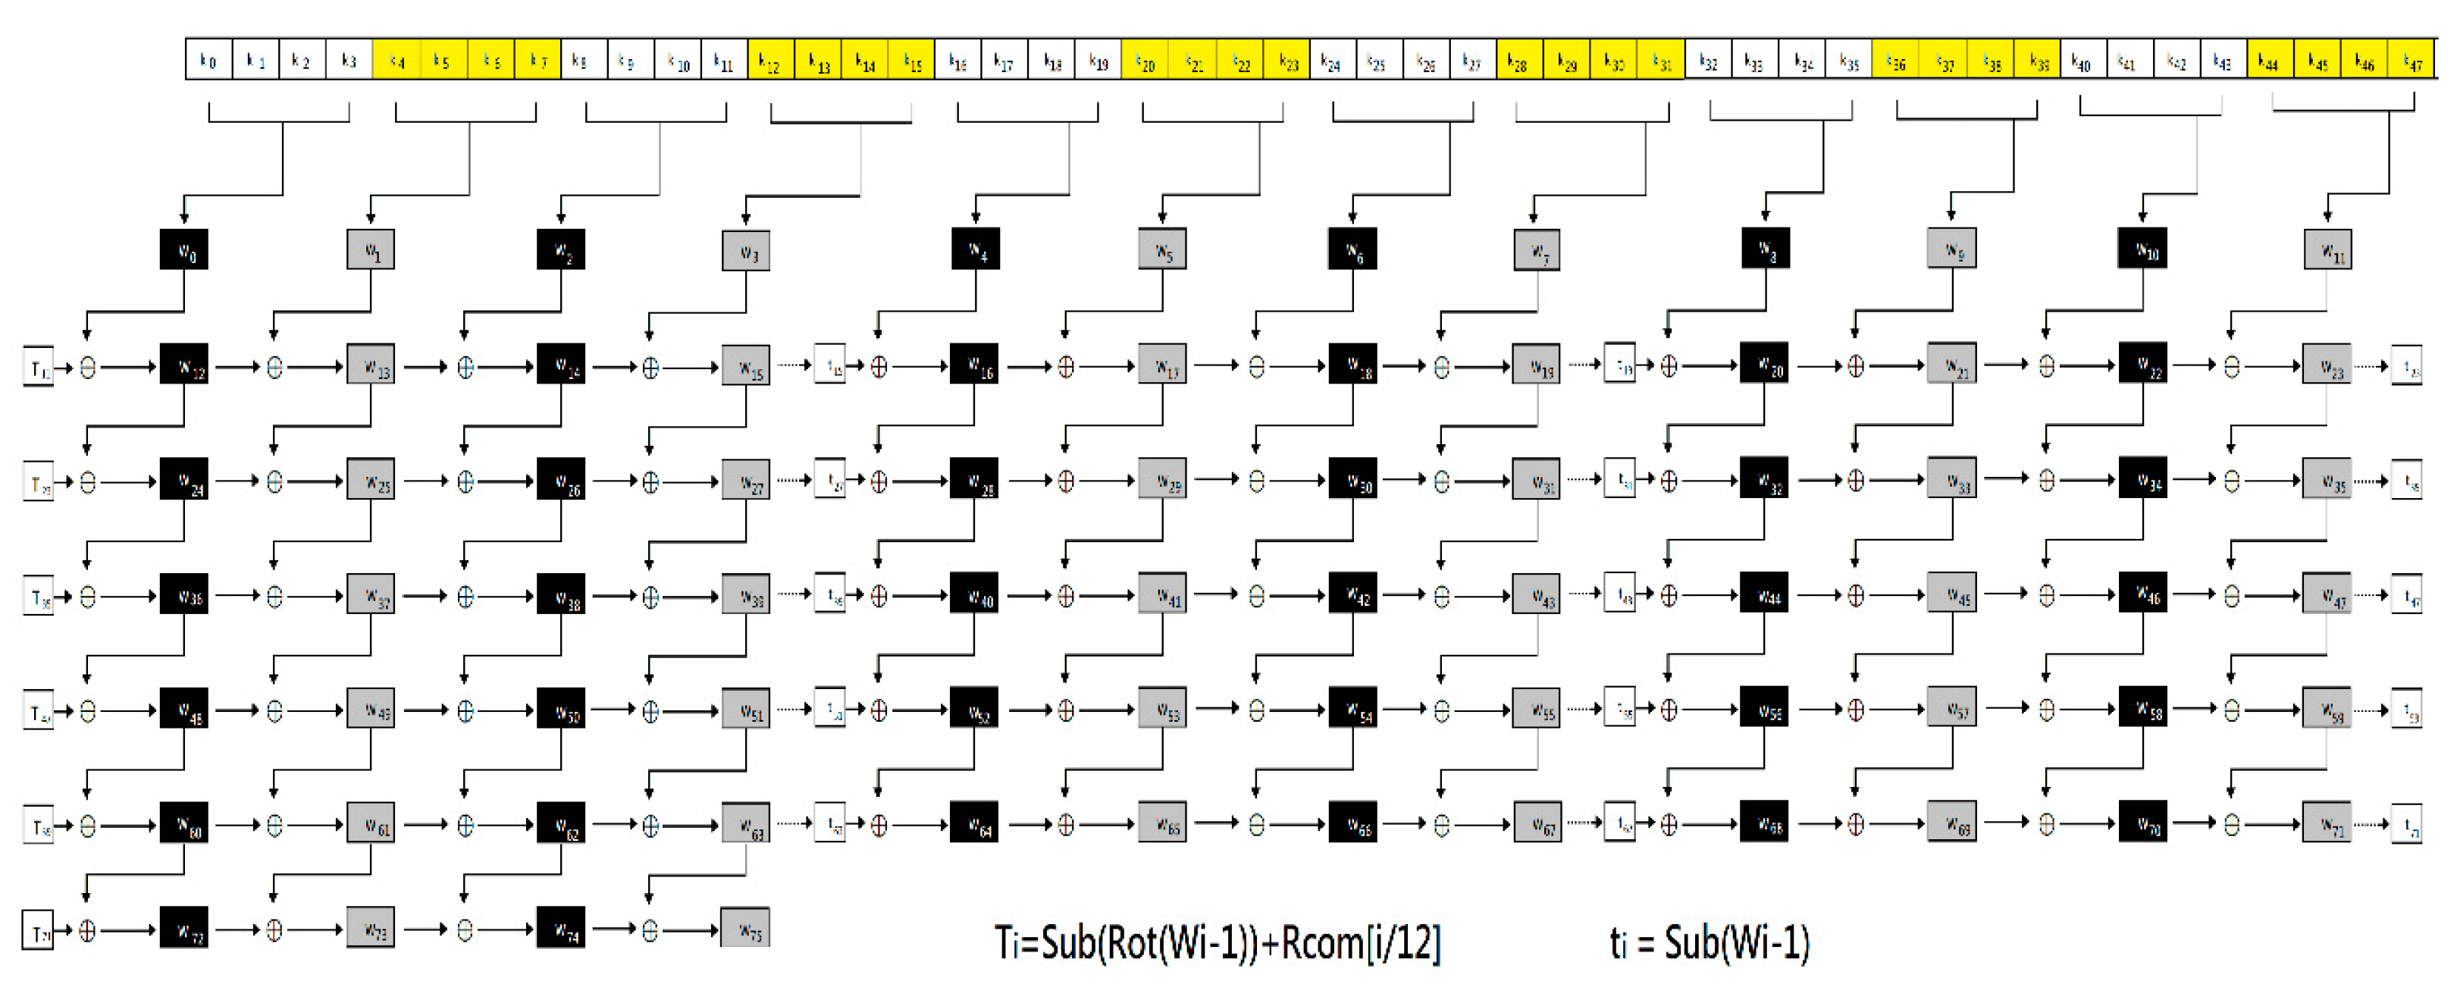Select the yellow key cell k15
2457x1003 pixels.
(912, 60)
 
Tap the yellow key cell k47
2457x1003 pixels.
(2412, 60)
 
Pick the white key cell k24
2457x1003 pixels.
(1331, 60)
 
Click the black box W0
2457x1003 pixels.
(184, 249)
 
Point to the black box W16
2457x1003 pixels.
(975, 365)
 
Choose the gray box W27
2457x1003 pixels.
(746, 481)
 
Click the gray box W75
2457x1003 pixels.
(746, 929)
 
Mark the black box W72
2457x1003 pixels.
(184, 929)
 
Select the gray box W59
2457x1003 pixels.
(2327, 710)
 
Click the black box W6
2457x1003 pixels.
(1352, 249)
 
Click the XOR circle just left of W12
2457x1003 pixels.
(88, 367)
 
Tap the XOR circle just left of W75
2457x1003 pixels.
(650, 930)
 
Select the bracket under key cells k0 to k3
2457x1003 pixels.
(280, 120)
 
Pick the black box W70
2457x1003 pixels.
(2142, 824)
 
